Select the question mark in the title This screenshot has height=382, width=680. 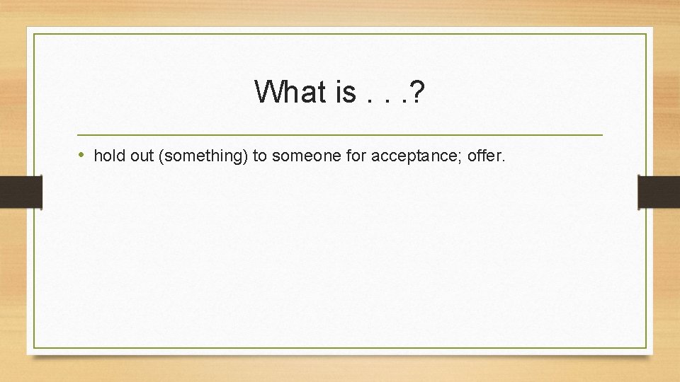click(416, 92)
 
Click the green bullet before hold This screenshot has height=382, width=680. click(82, 155)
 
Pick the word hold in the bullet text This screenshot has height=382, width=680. click(109, 156)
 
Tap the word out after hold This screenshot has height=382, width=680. click(142, 156)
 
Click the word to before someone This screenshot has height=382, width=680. click(260, 156)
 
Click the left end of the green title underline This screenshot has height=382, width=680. click(78, 134)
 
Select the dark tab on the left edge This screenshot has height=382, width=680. click(21, 192)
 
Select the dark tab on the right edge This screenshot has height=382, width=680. click(659, 192)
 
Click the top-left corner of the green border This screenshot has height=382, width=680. click(35, 34)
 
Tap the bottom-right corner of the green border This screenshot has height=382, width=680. click(647, 347)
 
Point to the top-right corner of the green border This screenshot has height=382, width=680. click(647, 34)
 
